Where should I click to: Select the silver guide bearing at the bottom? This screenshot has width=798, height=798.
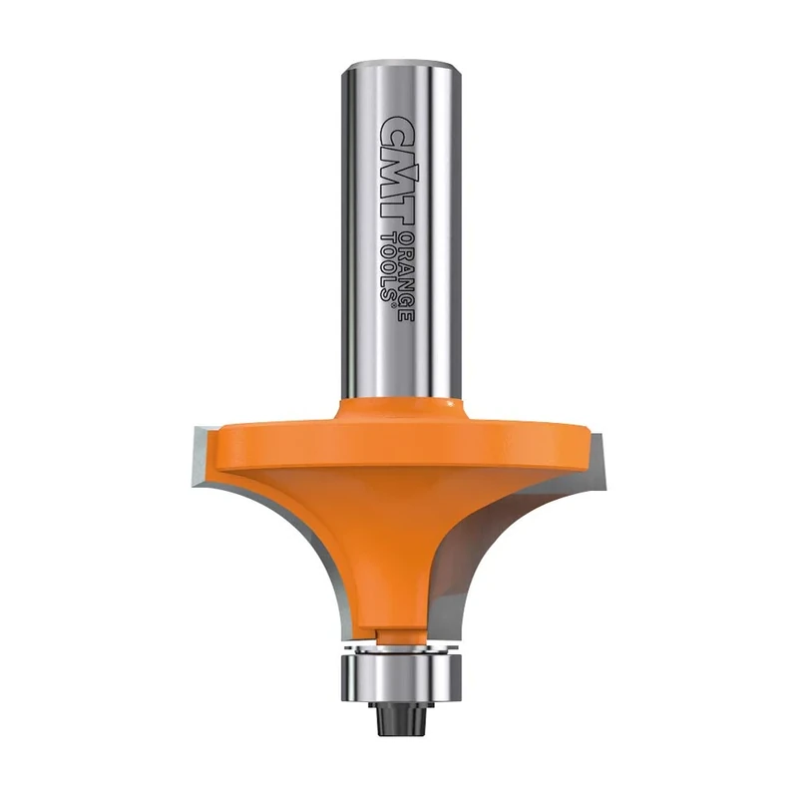[399, 667]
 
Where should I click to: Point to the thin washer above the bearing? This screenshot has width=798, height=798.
[399, 646]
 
